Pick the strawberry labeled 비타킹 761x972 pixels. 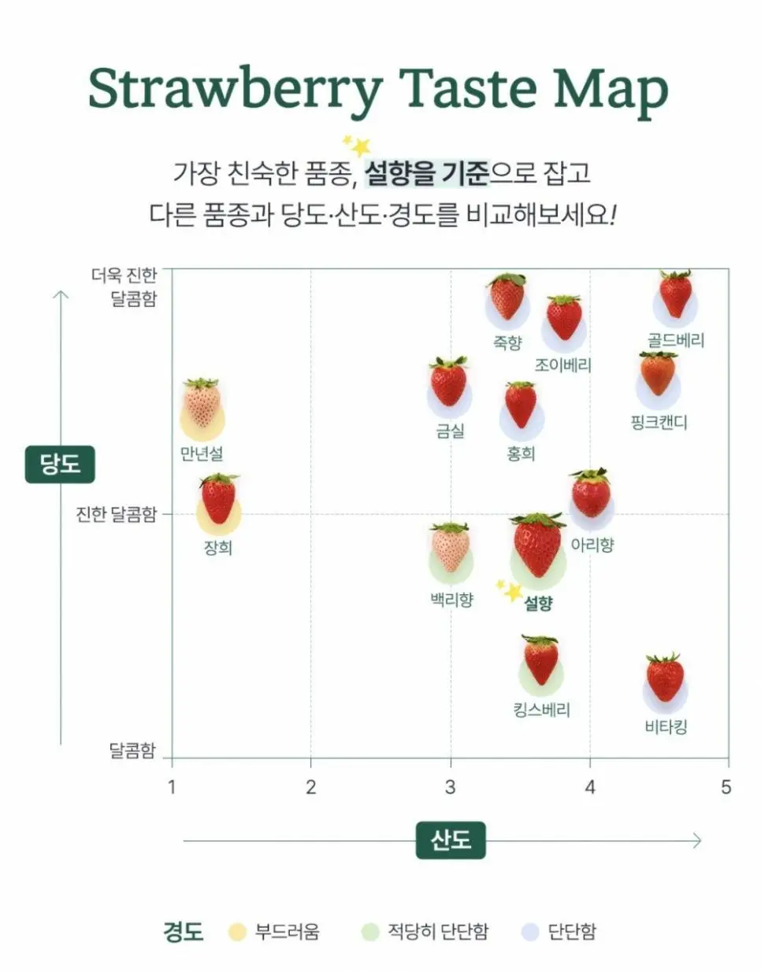click(665, 678)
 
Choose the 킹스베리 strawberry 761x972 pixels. click(540, 660)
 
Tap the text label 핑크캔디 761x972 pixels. click(659, 423)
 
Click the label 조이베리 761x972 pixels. click(562, 365)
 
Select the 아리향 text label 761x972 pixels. click(592, 545)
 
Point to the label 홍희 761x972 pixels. click(521, 454)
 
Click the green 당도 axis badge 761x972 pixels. click(60, 464)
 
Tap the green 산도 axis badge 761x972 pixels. click(451, 841)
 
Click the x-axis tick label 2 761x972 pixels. click(311, 787)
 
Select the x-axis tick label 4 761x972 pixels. click(590, 787)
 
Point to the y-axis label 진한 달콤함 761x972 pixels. click(116, 514)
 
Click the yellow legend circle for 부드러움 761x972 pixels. click(237, 932)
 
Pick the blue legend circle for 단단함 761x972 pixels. click(530, 932)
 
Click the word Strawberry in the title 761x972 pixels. click(236, 90)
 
